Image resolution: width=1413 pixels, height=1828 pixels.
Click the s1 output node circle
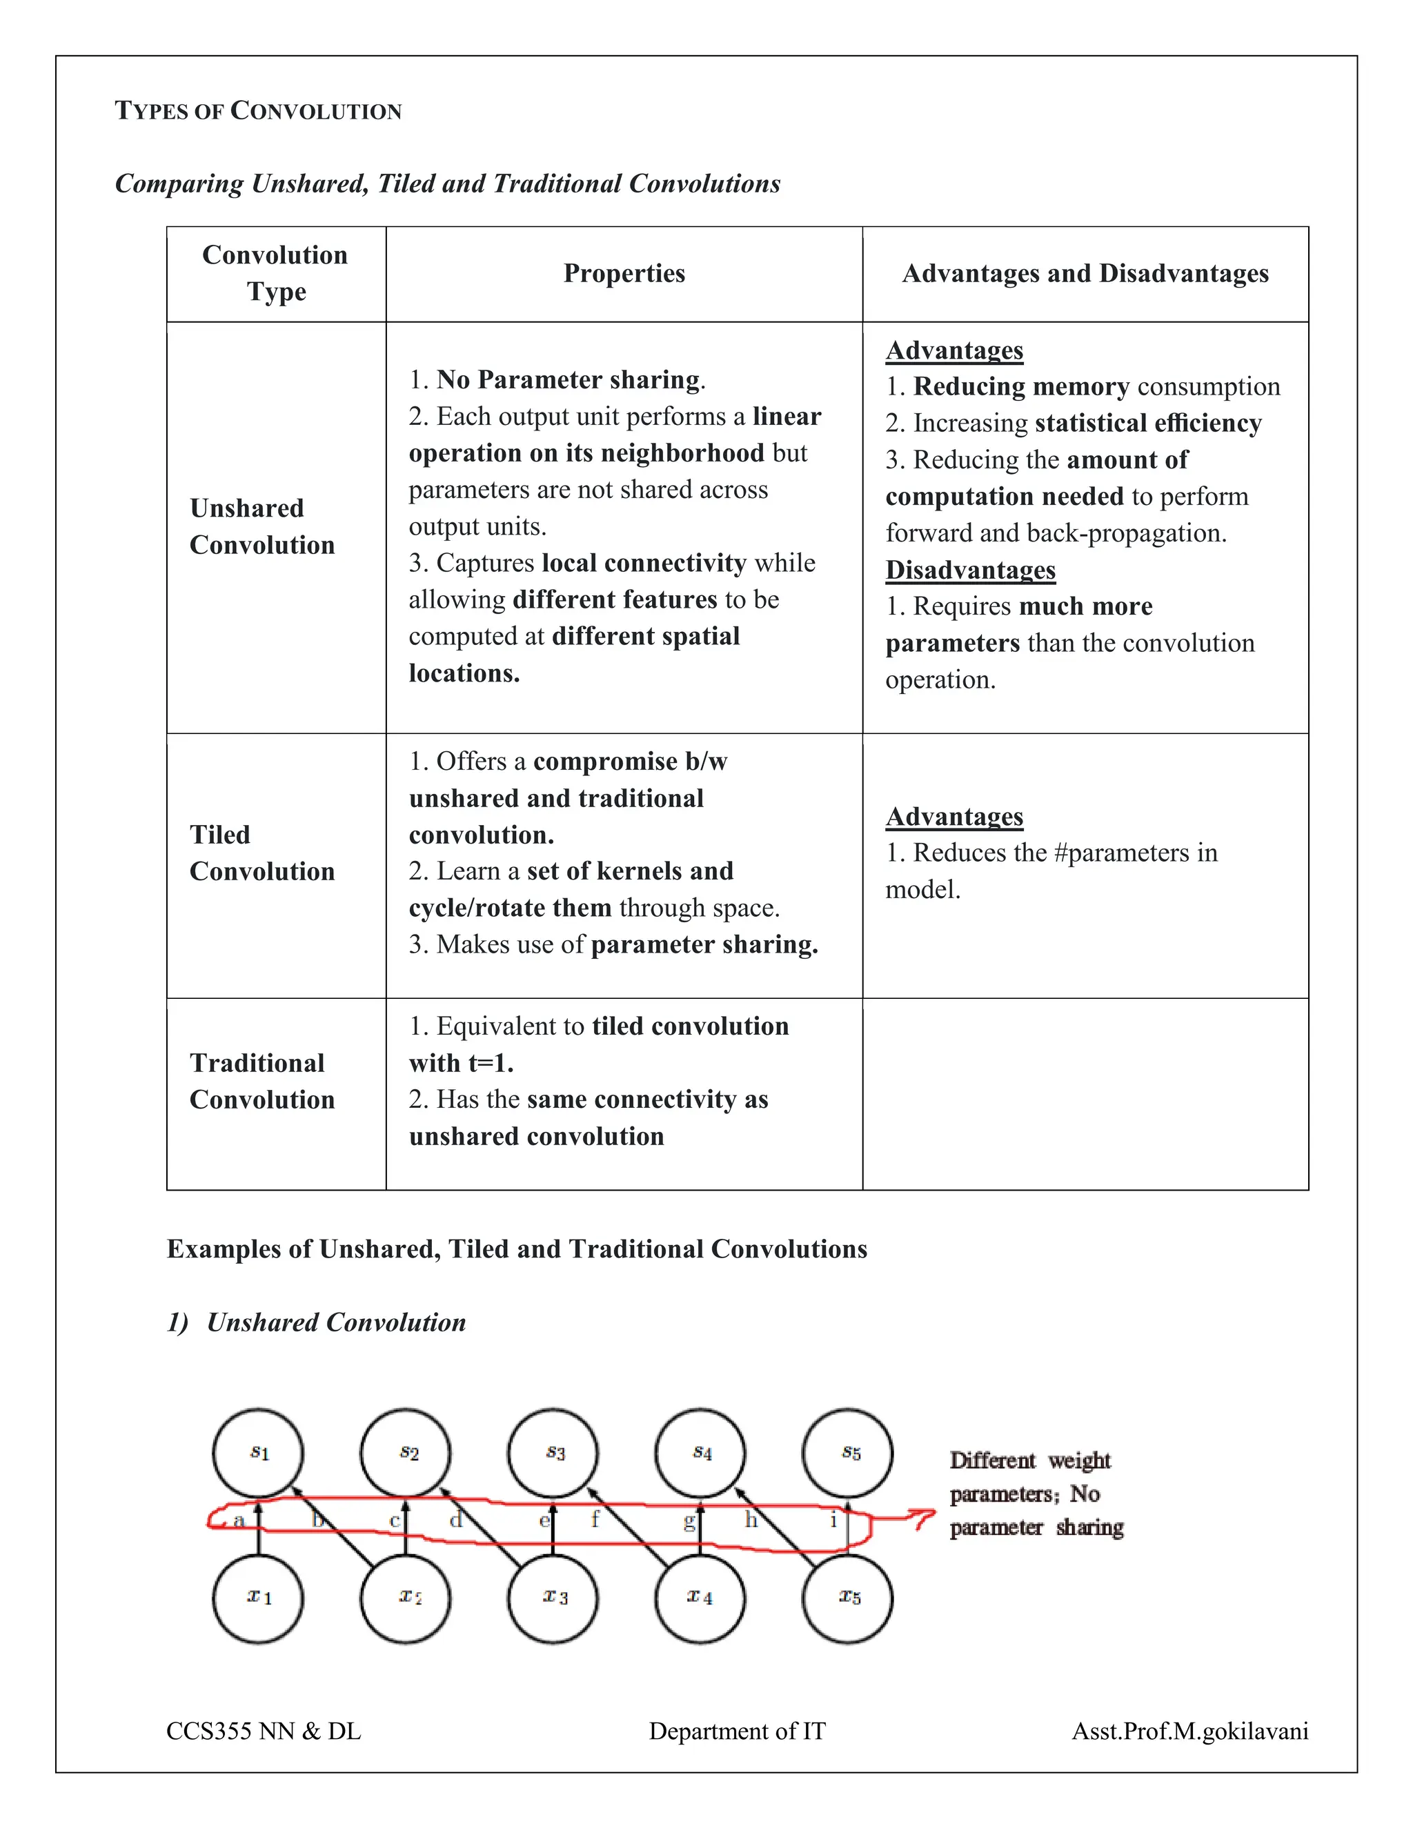pyautogui.click(x=258, y=1452)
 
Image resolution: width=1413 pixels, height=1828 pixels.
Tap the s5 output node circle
pyautogui.click(x=847, y=1452)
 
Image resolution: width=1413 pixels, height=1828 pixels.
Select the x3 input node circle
pyautogui.click(x=553, y=1598)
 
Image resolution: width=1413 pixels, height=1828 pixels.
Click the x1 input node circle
pyautogui.click(x=258, y=1598)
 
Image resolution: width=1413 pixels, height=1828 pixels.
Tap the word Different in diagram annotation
pyautogui.click(x=992, y=1460)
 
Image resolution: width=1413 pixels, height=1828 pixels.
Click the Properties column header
pyautogui.click(x=624, y=274)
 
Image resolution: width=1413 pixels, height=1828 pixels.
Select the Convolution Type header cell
pyautogui.click(x=275, y=273)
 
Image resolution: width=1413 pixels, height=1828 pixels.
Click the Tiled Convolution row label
pyautogui.click(x=262, y=853)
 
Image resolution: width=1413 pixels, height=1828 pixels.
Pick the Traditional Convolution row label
pyautogui.click(x=262, y=1080)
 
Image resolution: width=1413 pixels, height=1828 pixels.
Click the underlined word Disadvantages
pyautogui.click(x=970, y=570)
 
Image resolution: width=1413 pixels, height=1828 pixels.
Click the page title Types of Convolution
pyautogui.click(x=258, y=110)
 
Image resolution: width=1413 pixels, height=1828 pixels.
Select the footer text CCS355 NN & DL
pyautogui.click(x=264, y=1731)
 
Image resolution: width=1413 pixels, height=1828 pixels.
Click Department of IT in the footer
pyautogui.click(x=737, y=1731)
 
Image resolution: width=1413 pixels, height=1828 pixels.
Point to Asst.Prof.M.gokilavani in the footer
pyautogui.click(x=1189, y=1731)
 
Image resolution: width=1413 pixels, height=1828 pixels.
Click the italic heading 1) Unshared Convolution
pyautogui.click(x=317, y=1322)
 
